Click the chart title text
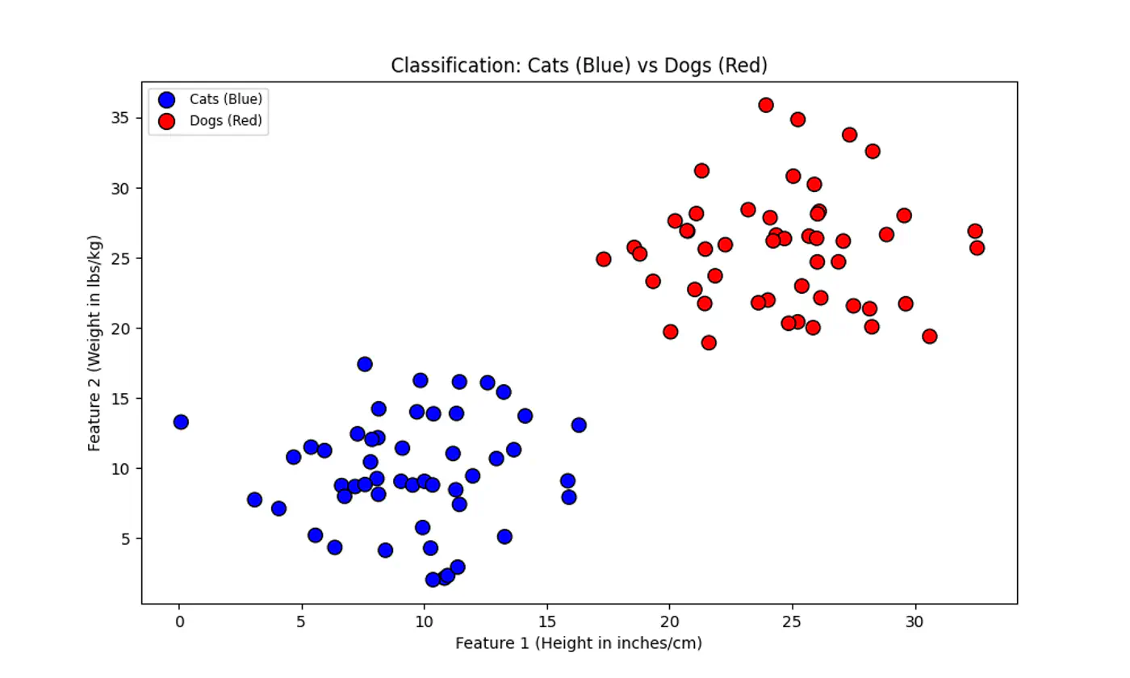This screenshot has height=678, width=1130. point(579,65)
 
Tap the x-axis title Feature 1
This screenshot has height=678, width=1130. point(579,643)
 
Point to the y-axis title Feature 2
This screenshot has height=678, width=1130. point(94,342)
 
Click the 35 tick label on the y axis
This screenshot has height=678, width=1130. point(122,118)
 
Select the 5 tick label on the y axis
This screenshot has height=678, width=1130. point(126,538)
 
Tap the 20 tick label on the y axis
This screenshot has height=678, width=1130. point(122,329)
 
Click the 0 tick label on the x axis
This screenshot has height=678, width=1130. point(179,622)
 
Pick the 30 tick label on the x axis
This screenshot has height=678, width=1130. point(914,622)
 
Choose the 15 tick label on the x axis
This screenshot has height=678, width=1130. point(547,622)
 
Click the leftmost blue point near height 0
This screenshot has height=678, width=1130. point(181,422)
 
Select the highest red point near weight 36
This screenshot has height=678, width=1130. point(766,105)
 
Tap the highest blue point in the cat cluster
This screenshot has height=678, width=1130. point(365,364)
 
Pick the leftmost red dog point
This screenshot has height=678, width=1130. point(604,259)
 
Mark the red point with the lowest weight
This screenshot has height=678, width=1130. point(709,342)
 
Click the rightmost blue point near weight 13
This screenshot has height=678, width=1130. point(579,425)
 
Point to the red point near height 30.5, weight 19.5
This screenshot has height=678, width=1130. point(929,336)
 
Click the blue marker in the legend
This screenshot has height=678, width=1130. point(166,99)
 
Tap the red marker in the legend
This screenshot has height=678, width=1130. point(166,121)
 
